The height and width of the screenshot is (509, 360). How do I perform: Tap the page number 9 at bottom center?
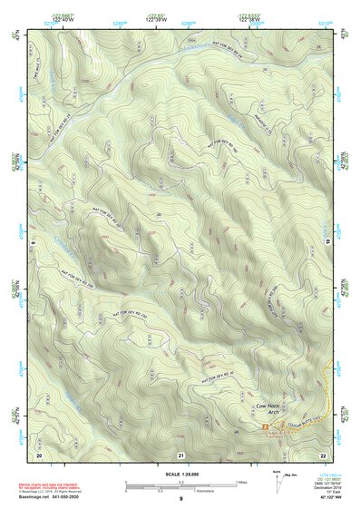click(180, 500)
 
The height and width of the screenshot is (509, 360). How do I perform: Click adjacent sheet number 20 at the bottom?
click(39, 454)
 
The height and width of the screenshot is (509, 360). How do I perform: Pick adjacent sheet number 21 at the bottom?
click(181, 454)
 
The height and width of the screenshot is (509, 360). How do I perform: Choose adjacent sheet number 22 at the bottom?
click(323, 454)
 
